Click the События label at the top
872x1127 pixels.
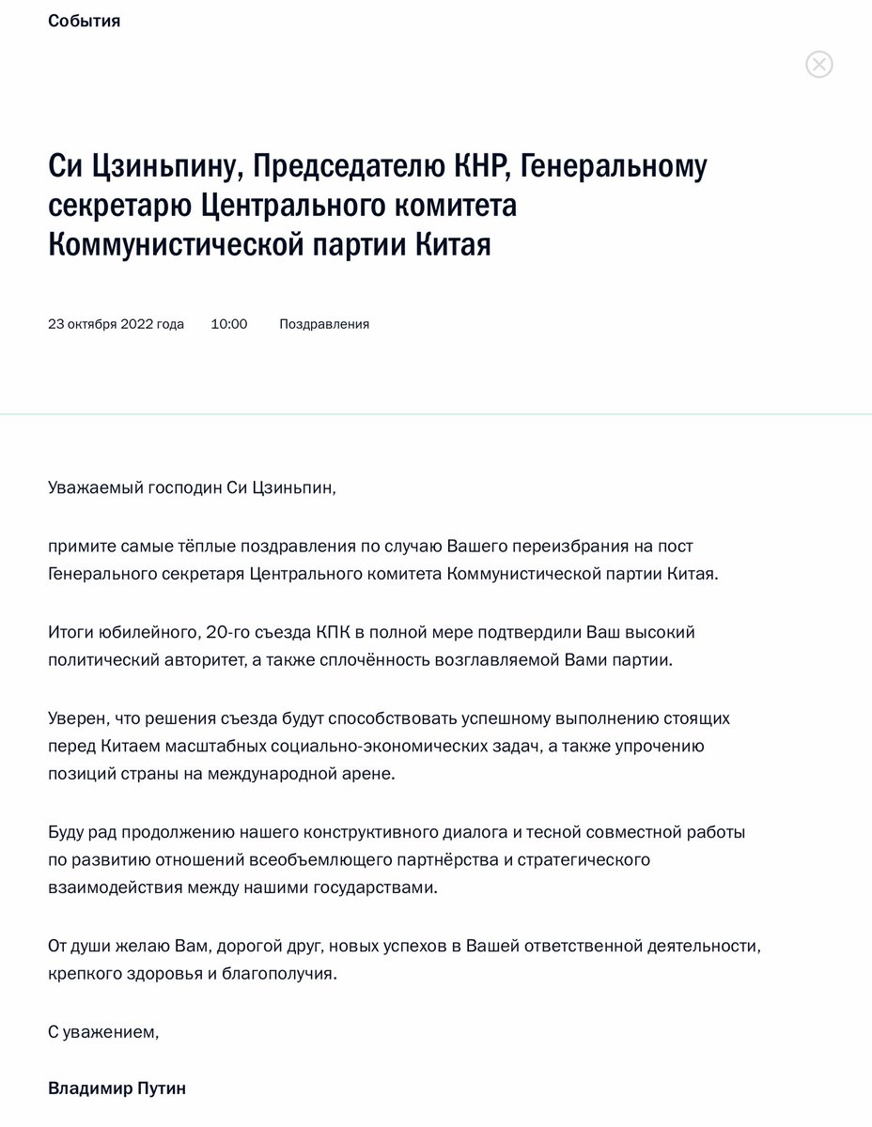click(85, 21)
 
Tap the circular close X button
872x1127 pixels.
click(819, 64)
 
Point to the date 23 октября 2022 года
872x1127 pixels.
click(116, 324)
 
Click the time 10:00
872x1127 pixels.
click(228, 324)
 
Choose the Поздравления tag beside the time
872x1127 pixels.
click(324, 324)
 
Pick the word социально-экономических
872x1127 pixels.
click(397, 747)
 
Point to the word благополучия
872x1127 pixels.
click(278, 974)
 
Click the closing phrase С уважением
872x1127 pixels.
click(103, 1031)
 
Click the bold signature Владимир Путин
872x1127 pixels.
click(117, 1088)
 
